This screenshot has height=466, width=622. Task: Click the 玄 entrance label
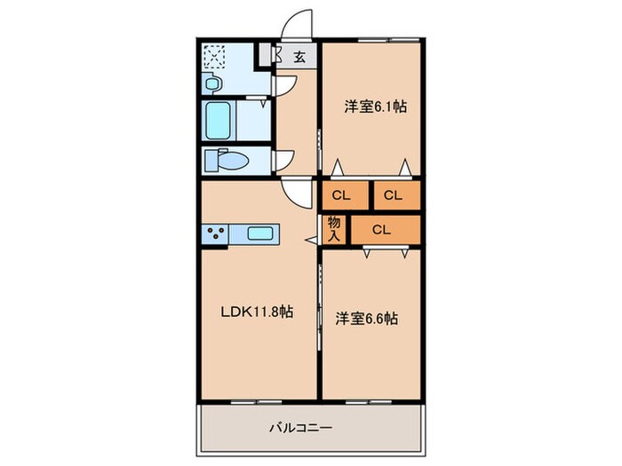pyautogui.click(x=299, y=58)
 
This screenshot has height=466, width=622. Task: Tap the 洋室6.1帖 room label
pyautogui.click(x=376, y=107)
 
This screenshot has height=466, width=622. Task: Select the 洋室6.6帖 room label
pyautogui.click(x=365, y=317)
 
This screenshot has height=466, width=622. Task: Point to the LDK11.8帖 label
pyautogui.click(x=258, y=312)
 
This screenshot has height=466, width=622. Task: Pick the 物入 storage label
pyautogui.click(x=334, y=229)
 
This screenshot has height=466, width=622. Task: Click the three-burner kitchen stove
pyautogui.click(x=216, y=233)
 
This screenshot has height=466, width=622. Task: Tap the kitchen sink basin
pyautogui.click(x=259, y=233)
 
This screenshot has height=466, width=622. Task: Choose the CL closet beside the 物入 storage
pyautogui.click(x=381, y=230)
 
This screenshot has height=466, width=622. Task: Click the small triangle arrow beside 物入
pyautogui.click(x=309, y=238)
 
